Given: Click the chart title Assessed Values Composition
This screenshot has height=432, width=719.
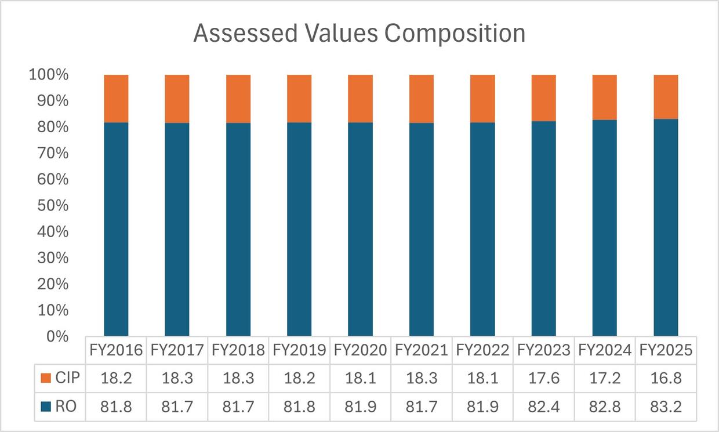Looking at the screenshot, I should pos(359,34).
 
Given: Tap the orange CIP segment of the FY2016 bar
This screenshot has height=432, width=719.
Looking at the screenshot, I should pos(116,98).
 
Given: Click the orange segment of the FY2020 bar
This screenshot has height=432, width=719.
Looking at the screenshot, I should pos(360,98).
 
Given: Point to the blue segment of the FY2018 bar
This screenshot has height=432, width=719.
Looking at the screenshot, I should pos(238,229).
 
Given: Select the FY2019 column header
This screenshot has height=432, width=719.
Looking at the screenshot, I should pos(299,350).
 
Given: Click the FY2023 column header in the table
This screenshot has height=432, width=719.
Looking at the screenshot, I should pos(544,350).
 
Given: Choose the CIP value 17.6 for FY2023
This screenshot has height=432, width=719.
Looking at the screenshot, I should pos(544,379).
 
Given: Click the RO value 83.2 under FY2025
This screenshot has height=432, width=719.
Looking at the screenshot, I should pos(666,407).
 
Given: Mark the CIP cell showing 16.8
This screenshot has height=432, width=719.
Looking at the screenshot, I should pos(666,379).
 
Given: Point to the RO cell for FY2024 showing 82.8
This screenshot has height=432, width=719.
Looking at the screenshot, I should pos(605,407).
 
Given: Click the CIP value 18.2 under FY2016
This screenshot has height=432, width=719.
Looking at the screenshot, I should pos(116,379).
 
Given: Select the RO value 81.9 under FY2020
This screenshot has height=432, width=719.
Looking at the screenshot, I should pos(360,407).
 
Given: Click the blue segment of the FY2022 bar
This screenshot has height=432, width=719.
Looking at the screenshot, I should pos(482,229).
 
